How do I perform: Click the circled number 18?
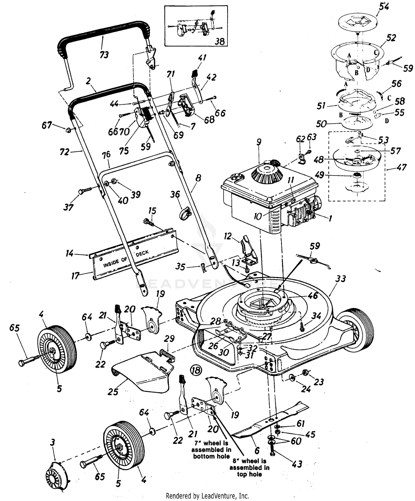point(196,370)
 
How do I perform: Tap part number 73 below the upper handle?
point(104,55)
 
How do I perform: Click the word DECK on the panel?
point(142,253)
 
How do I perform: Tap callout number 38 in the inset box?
point(220,41)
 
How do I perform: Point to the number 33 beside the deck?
point(340,278)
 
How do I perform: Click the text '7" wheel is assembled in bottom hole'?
point(211,450)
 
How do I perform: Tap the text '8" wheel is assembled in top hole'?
point(249,468)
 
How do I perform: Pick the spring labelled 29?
point(168,355)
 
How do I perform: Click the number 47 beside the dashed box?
point(401,167)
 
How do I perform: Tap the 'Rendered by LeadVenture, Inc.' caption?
point(207,495)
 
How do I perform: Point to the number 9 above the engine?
point(259,142)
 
